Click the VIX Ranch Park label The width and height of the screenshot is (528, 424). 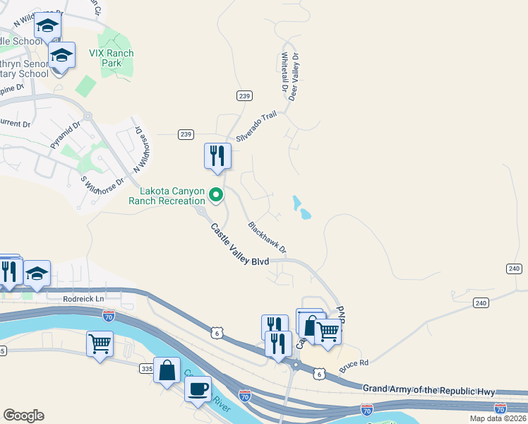(111, 58)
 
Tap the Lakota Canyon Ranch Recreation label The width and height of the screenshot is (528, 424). (172, 196)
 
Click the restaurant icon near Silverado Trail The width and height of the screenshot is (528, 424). (217, 156)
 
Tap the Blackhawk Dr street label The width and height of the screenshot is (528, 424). (267, 237)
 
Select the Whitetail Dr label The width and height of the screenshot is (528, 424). (285, 73)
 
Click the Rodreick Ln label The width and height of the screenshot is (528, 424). (83, 299)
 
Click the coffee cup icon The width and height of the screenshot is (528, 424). (198, 388)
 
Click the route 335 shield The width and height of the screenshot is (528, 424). (147, 369)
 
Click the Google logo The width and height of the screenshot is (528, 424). (23, 416)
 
